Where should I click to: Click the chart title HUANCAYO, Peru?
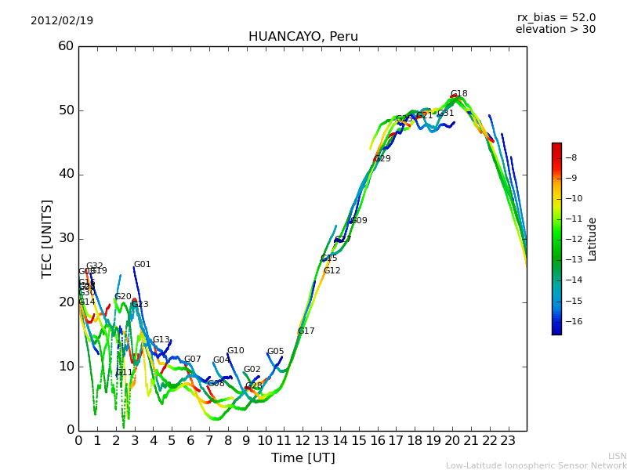point(303,37)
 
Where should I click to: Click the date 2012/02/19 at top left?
point(62,20)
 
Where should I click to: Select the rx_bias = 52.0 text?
point(556,17)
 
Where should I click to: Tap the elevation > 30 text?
point(555,30)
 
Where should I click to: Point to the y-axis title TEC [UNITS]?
point(47,238)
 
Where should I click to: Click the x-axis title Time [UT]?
point(303,457)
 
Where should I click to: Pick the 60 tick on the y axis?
point(66,46)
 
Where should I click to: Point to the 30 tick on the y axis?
point(66,238)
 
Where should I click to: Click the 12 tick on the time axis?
point(303,440)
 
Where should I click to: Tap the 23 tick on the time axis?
point(508,440)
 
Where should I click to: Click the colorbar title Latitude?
point(593,238)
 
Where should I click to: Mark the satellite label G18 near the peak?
point(458,94)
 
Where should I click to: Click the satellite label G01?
point(142,265)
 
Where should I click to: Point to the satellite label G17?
point(306,331)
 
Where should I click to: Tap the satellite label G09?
point(359,221)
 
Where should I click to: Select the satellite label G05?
point(275,352)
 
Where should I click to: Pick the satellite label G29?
point(382,159)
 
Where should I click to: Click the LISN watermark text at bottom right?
point(617,456)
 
